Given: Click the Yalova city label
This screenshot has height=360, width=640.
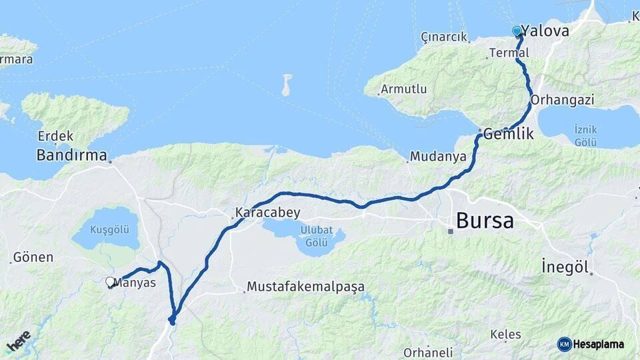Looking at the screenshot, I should click(545, 31).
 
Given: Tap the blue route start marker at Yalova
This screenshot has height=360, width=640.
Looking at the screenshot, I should click(517, 31).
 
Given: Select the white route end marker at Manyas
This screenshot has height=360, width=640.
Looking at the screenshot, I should click(111, 282).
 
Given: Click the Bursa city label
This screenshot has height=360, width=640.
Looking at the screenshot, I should click(485, 220).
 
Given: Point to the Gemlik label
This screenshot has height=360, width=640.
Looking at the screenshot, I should click(509, 133).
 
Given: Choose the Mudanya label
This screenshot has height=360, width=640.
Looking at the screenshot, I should click(437, 157).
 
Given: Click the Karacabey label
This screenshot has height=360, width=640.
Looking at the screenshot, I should click(267, 213).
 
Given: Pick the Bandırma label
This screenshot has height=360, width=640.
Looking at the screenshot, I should click(72, 156).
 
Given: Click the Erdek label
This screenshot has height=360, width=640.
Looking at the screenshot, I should click(55, 136).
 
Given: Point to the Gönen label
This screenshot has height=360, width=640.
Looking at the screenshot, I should click(33, 257).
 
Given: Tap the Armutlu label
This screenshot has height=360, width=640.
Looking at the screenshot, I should click(403, 89).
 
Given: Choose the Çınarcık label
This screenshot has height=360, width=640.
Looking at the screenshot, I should click(444, 37).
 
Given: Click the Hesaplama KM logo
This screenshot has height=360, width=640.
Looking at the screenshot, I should click(591, 344).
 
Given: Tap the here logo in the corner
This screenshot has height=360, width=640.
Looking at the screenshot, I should click(19, 341).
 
